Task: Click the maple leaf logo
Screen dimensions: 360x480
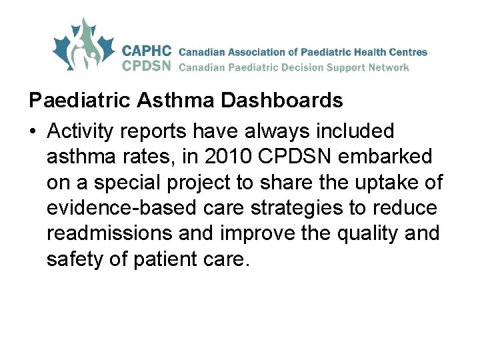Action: [x=84, y=45]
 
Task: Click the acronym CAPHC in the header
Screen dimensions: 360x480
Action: [x=147, y=51]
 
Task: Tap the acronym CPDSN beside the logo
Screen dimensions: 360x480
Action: [x=147, y=66]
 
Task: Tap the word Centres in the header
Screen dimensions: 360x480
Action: [x=407, y=51]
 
